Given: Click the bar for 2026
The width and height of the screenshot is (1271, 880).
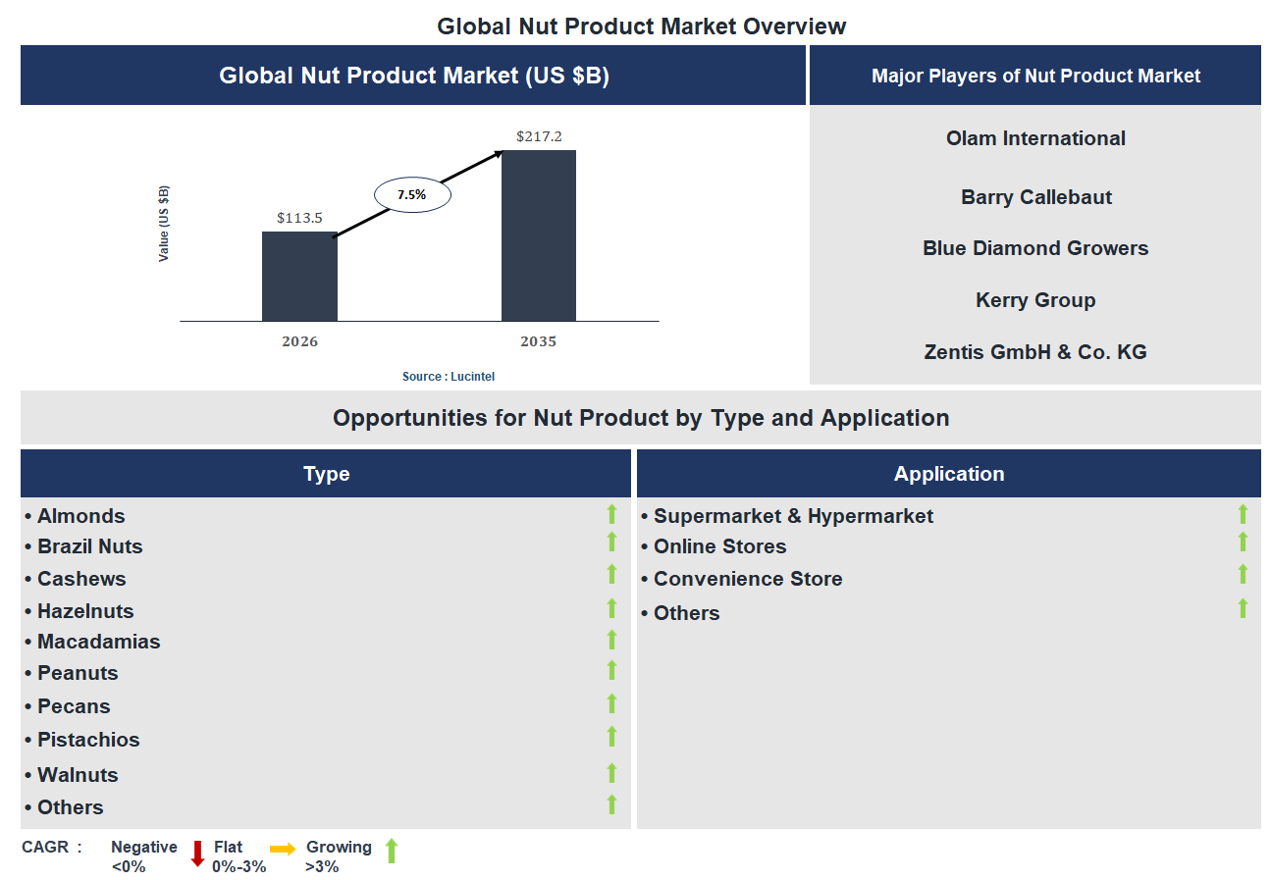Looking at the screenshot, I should click(299, 277).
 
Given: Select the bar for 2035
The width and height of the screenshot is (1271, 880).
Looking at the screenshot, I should click(538, 235).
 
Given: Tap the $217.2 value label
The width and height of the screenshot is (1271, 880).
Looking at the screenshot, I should click(539, 136).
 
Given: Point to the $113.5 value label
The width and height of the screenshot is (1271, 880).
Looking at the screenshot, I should click(299, 218).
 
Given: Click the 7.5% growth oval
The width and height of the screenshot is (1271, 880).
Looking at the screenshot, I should click(412, 195).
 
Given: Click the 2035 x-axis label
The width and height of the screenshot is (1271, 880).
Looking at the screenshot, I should click(538, 341).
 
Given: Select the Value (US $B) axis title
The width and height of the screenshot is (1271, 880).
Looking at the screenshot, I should click(164, 223).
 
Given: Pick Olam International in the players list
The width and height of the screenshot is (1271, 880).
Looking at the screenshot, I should click(1035, 138).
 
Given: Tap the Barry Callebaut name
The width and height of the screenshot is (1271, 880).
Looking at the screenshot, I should click(1035, 197).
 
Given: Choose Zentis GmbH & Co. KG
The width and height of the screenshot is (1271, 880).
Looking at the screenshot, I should click(1035, 351).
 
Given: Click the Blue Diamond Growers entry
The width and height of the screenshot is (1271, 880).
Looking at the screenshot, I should click(1035, 248).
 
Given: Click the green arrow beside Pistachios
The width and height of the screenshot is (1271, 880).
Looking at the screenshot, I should click(611, 737).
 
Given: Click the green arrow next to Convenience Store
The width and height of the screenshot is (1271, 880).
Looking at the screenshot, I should click(1243, 575).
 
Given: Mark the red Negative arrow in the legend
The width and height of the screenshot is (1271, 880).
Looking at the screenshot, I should click(197, 854).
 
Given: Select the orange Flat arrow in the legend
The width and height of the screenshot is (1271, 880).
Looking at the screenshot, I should click(283, 849).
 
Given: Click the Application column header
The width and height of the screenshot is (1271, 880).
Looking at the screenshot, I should click(948, 474).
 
